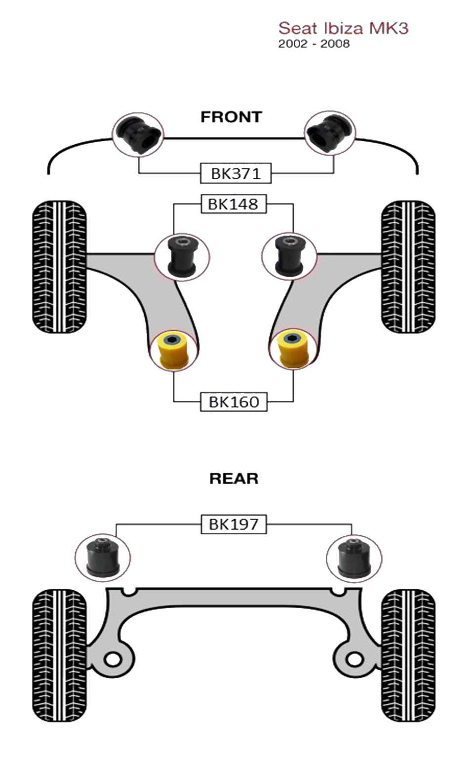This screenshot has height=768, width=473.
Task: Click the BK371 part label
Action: (236, 174)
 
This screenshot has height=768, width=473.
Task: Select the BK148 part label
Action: (233, 204)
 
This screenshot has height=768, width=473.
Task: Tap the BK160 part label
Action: (234, 402)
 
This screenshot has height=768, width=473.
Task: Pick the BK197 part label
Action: (234, 524)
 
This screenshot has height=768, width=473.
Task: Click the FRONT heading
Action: (231, 117)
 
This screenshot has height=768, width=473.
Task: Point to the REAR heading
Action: (234, 479)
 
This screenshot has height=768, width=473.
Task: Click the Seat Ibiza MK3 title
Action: (343, 28)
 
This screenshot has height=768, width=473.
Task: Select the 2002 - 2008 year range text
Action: (314, 44)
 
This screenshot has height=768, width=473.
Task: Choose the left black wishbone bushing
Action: (182, 256)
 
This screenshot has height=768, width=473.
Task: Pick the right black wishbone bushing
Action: (290, 256)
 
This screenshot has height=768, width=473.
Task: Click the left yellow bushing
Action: (174, 350)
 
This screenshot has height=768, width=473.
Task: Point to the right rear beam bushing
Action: (354, 558)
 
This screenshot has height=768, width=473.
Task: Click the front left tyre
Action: (60, 267)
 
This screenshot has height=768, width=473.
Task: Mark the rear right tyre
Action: (408, 654)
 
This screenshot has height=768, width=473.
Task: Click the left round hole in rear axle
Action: (113, 659)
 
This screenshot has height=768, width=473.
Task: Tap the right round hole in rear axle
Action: (354, 659)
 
